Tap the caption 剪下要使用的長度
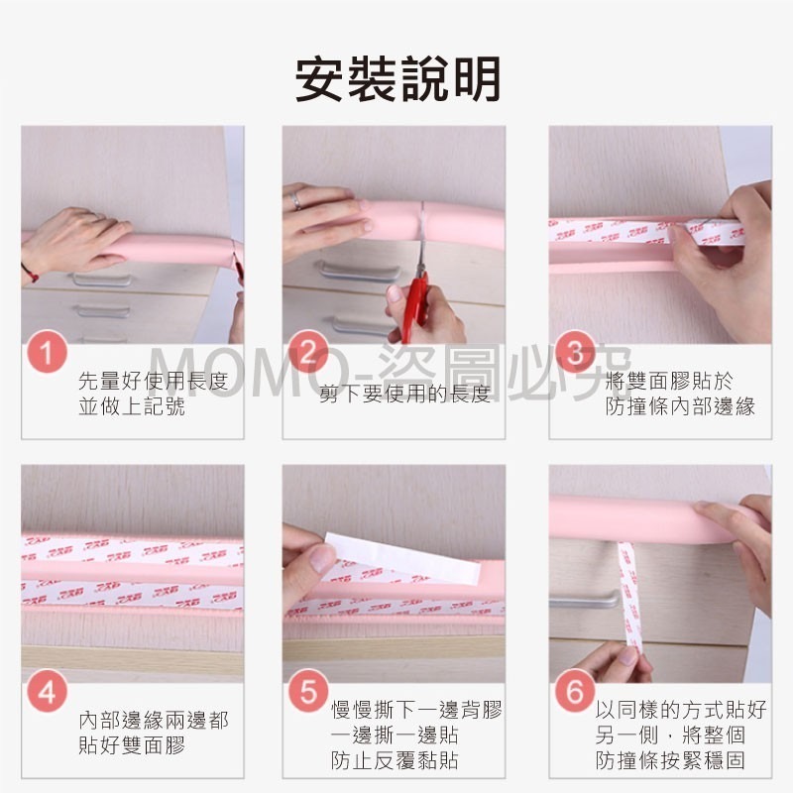[404, 395]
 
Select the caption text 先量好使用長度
[153, 382]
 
